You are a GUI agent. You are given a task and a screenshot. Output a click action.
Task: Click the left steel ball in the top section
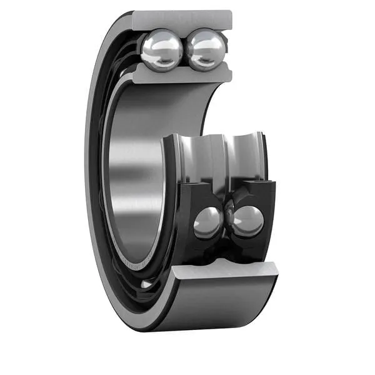pyautogui.click(x=161, y=50)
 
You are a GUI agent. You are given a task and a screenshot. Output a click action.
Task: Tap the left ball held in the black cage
pyautogui.click(x=207, y=222)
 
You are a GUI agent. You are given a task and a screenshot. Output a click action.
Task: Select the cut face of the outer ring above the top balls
pyautogui.click(x=181, y=19)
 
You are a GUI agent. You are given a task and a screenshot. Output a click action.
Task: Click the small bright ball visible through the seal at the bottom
pyautogui.click(x=146, y=284)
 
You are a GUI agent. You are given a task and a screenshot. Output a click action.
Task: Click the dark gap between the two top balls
pyautogui.click(x=184, y=50)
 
